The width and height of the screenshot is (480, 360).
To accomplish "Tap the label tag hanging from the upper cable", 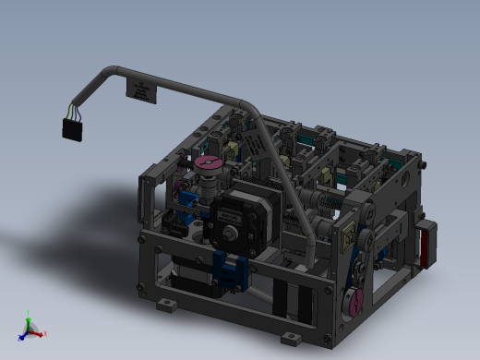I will (x=143, y=90).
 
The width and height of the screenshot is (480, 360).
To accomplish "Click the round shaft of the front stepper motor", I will (x=228, y=232).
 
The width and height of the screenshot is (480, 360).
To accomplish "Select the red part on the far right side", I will (x=426, y=246).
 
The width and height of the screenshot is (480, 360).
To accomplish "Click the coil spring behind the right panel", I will (x=330, y=202).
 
